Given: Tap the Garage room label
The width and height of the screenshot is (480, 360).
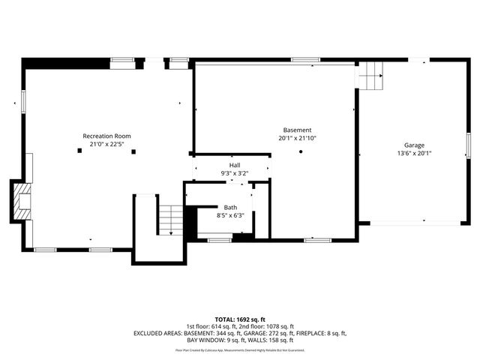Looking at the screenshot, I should pyautogui.click(x=414, y=145).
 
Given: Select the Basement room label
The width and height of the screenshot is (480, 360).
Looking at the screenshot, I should pyautogui.click(x=297, y=130).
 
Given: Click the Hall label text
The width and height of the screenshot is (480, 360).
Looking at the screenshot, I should pyautogui.click(x=235, y=165).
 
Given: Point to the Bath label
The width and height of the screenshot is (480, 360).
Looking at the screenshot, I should pyautogui.click(x=230, y=207).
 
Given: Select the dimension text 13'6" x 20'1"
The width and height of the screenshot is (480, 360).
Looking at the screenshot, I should pyautogui.click(x=414, y=153).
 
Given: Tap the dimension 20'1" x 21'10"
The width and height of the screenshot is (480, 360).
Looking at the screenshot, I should pyautogui.click(x=297, y=138).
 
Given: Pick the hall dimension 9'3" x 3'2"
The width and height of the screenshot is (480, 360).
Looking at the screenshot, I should pyautogui.click(x=235, y=173).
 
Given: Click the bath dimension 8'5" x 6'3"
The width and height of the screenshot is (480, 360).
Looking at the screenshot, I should pyautogui.click(x=230, y=215).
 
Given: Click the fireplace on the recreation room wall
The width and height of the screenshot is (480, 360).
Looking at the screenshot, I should pyautogui.click(x=21, y=202).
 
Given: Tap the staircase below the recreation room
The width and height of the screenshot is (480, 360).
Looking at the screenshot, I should pyautogui.click(x=170, y=218).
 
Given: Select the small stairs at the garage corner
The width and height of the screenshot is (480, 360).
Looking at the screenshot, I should pyautogui.click(x=370, y=75).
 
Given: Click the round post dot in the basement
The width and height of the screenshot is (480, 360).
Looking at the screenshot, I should pyautogui.click(x=301, y=151).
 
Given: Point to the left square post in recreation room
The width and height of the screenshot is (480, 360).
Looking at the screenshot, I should pyautogui.click(x=79, y=151).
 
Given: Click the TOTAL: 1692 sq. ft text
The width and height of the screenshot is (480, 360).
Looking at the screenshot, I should pyautogui.click(x=240, y=319).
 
